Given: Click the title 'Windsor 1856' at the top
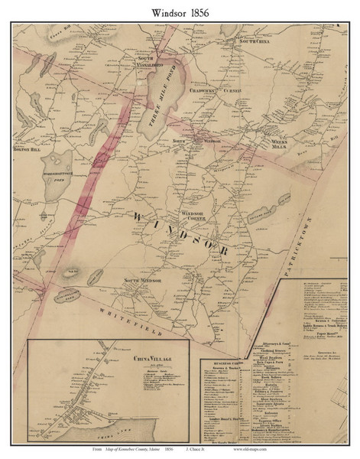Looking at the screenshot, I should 180,11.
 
